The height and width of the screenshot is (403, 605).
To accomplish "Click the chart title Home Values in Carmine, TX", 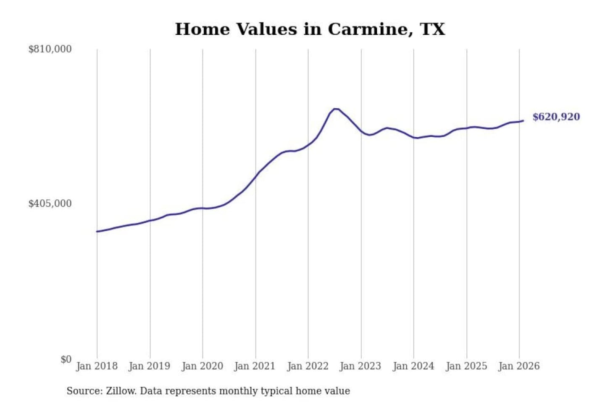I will [x=310, y=29].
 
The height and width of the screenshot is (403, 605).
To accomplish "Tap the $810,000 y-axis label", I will [x=50, y=49].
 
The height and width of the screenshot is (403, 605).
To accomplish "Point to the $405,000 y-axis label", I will [x=50, y=204].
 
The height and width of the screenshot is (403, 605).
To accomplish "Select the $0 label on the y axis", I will [x=66, y=359].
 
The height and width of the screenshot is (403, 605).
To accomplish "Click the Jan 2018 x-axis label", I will [x=97, y=366].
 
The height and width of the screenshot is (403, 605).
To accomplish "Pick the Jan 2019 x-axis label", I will [x=150, y=366].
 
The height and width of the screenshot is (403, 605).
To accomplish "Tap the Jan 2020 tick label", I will [x=202, y=366].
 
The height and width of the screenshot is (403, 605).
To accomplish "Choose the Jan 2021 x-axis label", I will [x=255, y=366].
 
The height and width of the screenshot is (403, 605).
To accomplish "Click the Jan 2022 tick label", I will [x=308, y=366].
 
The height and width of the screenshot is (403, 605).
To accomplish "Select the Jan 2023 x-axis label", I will [x=360, y=366].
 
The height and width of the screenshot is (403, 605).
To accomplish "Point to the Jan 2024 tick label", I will [x=413, y=366].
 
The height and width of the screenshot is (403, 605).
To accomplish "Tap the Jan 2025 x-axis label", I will [x=466, y=366].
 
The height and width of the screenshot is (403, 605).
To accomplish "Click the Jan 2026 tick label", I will [x=518, y=366].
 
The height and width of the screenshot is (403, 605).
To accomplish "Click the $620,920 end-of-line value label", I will [x=556, y=117].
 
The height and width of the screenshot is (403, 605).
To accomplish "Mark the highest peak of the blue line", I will [x=336, y=109].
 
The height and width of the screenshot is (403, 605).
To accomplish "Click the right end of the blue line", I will [x=523, y=121].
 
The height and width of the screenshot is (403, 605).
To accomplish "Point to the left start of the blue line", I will [x=97, y=231].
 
